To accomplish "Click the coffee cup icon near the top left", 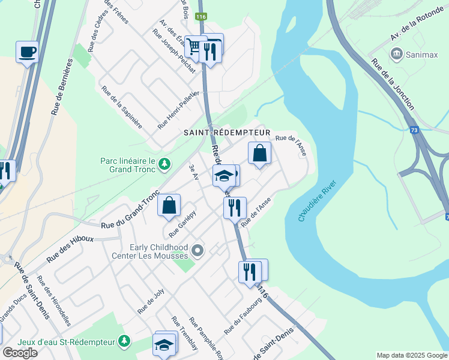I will pos(27,52).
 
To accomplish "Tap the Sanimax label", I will pos(420,55).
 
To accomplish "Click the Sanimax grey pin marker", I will pos(397,55).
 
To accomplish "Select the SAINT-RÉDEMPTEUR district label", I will pos(228,132).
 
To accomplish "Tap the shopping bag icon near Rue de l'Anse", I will pos(259,153).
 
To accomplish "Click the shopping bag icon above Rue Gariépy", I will pos(169,205).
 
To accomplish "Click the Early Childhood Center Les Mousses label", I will pos(158,251).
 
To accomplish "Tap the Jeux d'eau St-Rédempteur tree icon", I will pos(124,341).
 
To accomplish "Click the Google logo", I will pos(20,353).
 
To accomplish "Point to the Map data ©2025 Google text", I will pos(411,355).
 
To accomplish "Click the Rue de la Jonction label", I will pos(393,84).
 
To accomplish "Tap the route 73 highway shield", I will pos(414,130).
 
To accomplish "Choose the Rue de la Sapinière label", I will pos(122,107).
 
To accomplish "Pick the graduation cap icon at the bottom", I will pos(163,345).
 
